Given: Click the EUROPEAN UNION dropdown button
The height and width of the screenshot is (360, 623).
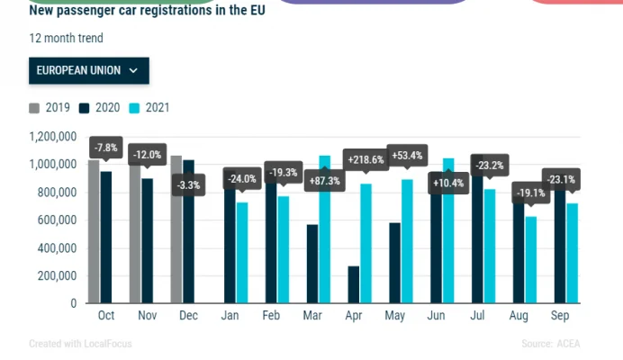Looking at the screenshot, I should (88, 70).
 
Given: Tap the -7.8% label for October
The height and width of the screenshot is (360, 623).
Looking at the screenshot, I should (105, 148).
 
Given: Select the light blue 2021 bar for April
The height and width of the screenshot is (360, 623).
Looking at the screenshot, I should (366, 243).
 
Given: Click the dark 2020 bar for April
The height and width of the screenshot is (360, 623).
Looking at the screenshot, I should (354, 284).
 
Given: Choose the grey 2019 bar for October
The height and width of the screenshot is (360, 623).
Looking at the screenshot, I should (94, 231).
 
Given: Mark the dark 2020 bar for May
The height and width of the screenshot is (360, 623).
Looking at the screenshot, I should (394, 263).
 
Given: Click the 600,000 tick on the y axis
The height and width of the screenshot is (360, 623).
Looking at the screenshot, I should (51, 220).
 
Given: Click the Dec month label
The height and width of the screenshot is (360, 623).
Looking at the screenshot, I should (189, 317).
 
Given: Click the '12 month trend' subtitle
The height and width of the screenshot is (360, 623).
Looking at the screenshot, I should (66, 39).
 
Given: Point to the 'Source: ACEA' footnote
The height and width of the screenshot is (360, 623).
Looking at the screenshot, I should (550, 344).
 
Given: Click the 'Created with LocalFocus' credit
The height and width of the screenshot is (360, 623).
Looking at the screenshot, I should (77, 344).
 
